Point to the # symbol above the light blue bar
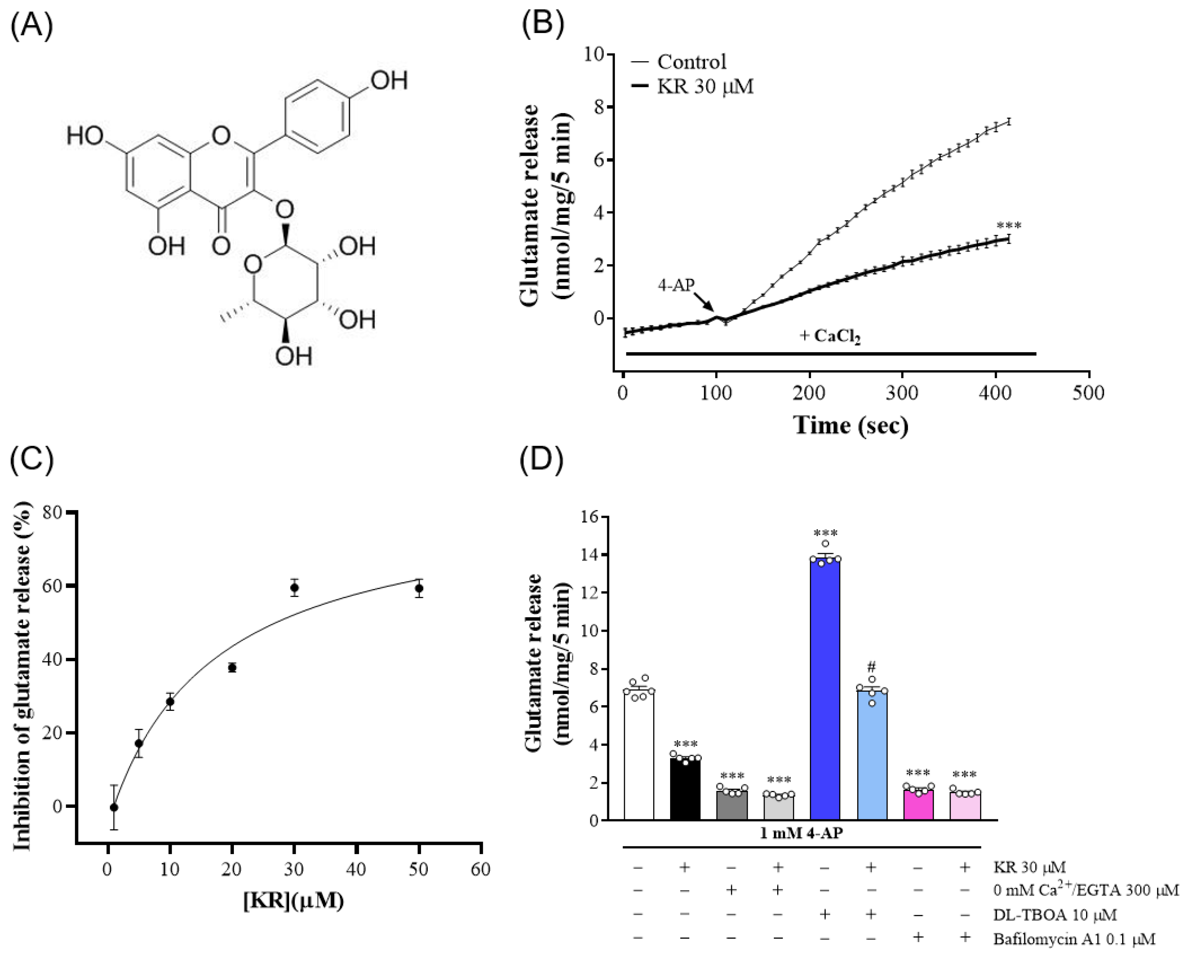coord(871,667)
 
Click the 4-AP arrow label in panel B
coord(676,285)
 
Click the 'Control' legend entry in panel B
coord(691,61)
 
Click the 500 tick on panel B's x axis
coord(1088,393)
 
